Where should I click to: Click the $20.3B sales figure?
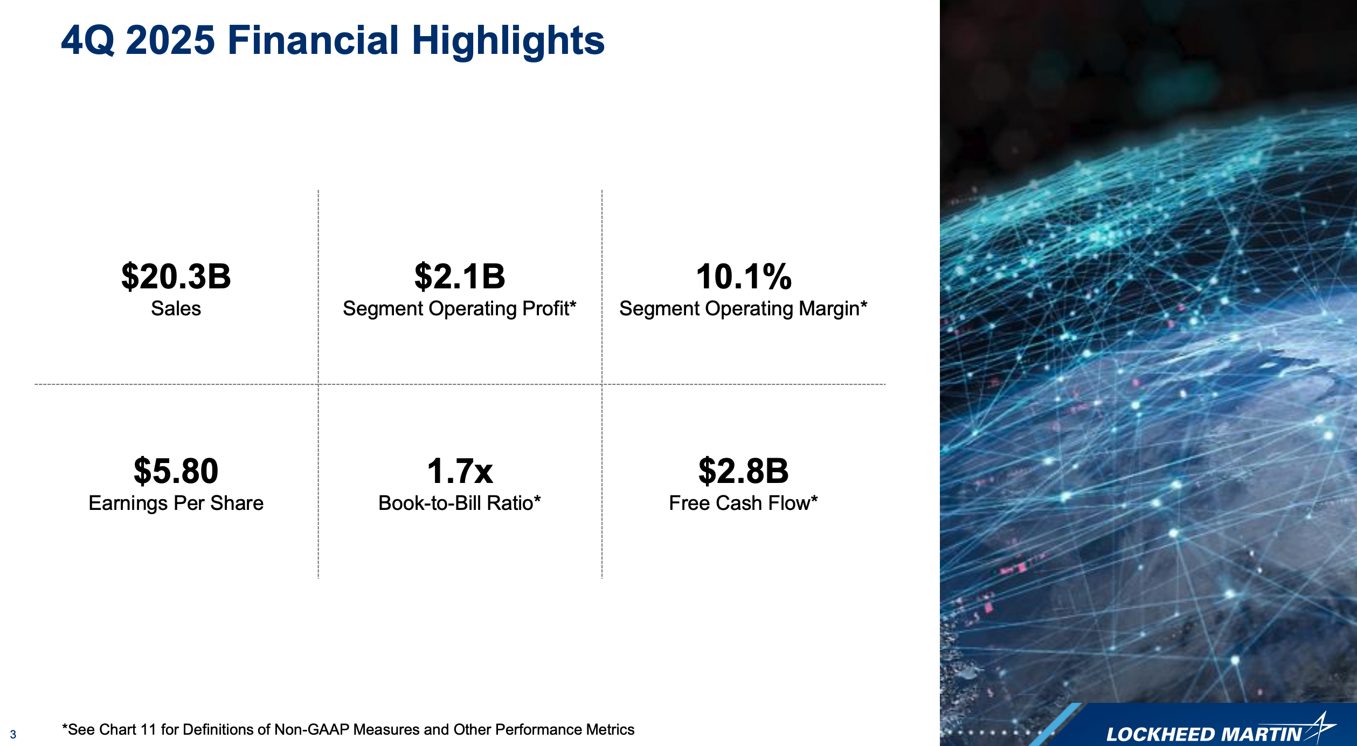[x=176, y=277]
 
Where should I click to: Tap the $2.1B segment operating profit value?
[x=460, y=277]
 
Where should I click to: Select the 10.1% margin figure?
[x=744, y=277]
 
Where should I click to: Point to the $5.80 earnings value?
[x=176, y=471]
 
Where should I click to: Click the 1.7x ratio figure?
[x=460, y=471]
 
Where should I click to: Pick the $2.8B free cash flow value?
[x=744, y=471]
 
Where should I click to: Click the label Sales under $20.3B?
[x=176, y=308]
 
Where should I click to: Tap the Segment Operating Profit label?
[x=460, y=309]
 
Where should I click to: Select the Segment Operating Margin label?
[x=743, y=309]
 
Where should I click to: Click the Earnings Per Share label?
[x=176, y=503]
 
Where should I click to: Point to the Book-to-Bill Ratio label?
[x=460, y=503]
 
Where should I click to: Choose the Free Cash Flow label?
[x=744, y=503]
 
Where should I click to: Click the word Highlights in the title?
[x=508, y=42]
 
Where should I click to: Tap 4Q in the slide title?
[x=88, y=40]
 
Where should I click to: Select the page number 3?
[x=13, y=734]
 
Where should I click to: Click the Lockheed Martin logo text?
[x=1204, y=734]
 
